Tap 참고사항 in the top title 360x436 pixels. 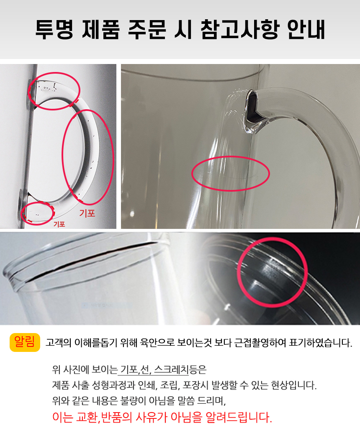[239, 30]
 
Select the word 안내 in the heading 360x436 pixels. [306, 30]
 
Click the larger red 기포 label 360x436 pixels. [87, 213]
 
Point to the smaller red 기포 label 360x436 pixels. [59, 224]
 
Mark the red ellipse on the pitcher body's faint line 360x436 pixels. [230, 174]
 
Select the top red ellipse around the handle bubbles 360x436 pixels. [54, 91]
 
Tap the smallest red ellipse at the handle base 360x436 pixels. [37, 213]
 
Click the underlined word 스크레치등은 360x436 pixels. [180, 369]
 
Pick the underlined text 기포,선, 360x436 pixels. [135, 369]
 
